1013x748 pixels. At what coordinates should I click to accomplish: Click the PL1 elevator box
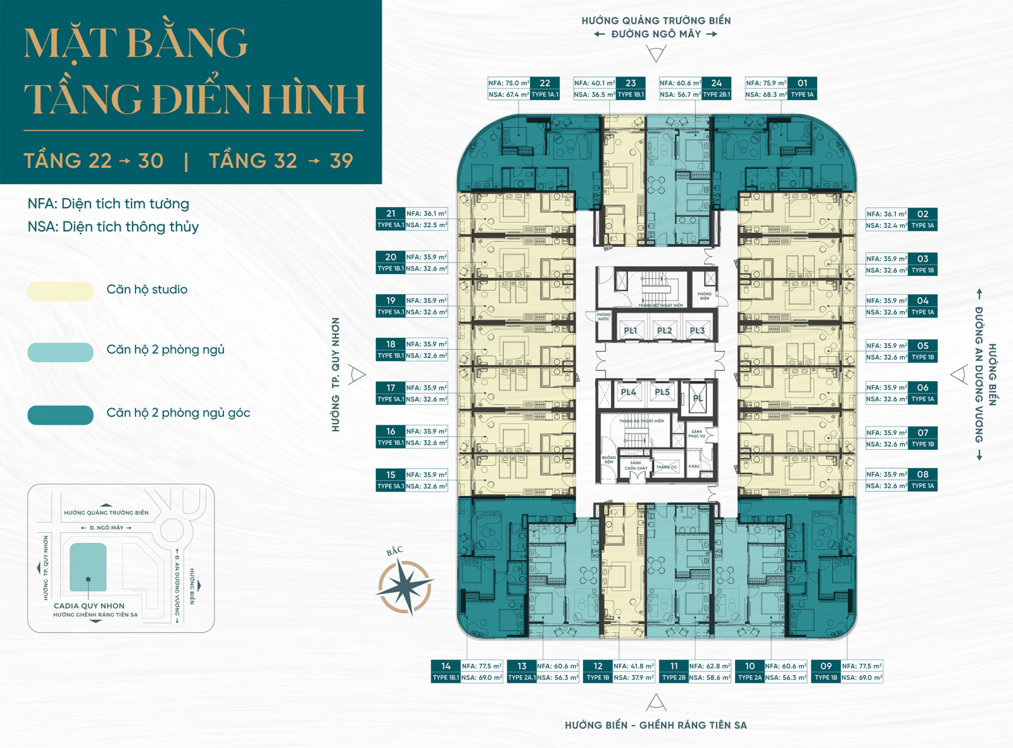(x=630, y=330)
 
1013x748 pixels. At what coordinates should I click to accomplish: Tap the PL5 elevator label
(x=662, y=392)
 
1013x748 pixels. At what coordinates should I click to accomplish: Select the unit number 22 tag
(x=544, y=83)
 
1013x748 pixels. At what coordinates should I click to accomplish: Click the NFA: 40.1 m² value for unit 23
(x=595, y=83)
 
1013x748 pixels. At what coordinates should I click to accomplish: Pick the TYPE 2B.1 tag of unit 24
(x=716, y=95)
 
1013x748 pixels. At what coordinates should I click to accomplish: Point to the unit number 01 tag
(x=802, y=83)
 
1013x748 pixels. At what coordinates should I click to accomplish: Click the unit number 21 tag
(x=391, y=214)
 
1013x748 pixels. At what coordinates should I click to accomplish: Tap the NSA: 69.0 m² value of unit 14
(x=482, y=678)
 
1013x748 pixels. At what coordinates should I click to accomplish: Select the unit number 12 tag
(x=598, y=666)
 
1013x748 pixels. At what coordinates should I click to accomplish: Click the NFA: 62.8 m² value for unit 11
(x=710, y=666)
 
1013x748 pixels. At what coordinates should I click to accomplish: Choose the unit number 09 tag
(x=826, y=666)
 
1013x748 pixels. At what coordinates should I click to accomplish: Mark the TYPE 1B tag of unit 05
(x=922, y=358)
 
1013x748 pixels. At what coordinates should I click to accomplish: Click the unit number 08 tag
(x=922, y=474)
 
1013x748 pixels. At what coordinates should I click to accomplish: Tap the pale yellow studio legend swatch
(x=61, y=291)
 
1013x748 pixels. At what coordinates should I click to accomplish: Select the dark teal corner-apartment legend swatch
(x=61, y=415)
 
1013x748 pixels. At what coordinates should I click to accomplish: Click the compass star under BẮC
(x=405, y=587)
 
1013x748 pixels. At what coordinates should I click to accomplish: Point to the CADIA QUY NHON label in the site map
(x=89, y=606)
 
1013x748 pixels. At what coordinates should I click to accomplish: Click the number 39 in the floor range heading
(x=341, y=161)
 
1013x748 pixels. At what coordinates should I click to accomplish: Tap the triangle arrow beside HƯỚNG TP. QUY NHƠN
(x=358, y=375)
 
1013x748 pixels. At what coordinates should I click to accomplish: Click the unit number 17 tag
(x=391, y=388)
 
